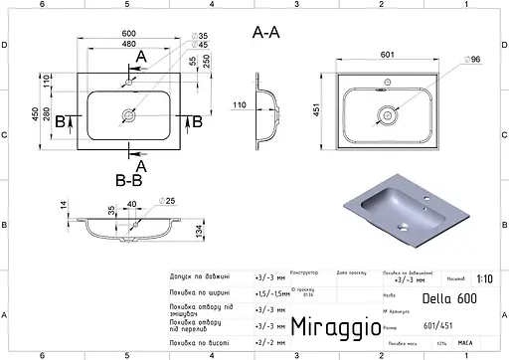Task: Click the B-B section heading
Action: tap(130, 181)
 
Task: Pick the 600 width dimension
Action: tap(128, 33)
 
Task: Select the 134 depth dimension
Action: tap(200, 232)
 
